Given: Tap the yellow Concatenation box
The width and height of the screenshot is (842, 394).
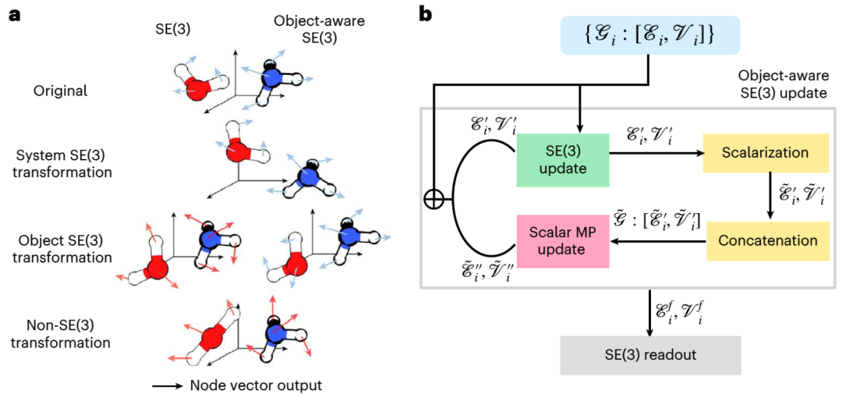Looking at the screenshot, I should coord(766,240).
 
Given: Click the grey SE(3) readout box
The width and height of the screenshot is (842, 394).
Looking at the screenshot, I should coord(651,355).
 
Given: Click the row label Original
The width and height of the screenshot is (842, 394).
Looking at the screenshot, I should coord(59,90).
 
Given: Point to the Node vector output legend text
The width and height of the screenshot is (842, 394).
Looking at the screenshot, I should coord(256,385).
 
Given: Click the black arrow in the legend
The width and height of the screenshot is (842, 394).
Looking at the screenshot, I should coord(168,385).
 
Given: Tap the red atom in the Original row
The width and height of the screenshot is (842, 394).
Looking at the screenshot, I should coord(198,88).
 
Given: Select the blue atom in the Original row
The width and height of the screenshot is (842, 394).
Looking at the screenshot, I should coord(271,81).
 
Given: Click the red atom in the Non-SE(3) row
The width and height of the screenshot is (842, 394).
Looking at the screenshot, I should coord(211,339).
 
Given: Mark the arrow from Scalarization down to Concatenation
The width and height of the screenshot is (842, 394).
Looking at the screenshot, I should coord(769,199).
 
